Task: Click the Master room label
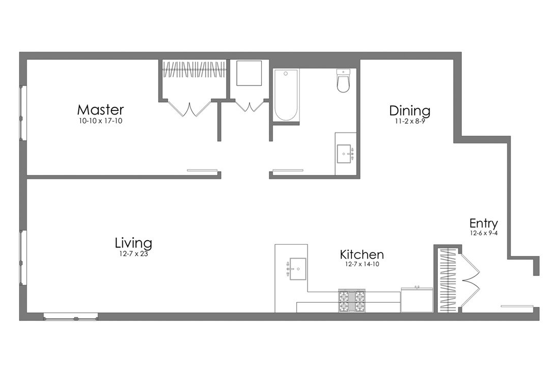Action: (100, 109)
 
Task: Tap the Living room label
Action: (133, 242)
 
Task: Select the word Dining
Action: (410, 110)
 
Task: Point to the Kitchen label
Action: (362, 254)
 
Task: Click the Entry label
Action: (483, 223)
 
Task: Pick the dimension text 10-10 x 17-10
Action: (100, 121)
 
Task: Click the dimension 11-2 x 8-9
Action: (409, 122)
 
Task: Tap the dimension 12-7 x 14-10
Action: (362, 264)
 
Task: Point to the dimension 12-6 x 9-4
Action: (483, 233)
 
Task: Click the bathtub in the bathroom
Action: (285, 95)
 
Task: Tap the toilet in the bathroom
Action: (343, 81)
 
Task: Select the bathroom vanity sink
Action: (345, 153)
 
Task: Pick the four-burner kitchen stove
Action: (352, 301)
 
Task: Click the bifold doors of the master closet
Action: (190, 107)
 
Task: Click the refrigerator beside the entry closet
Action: (416, 300)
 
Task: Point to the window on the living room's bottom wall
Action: (70, 316)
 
